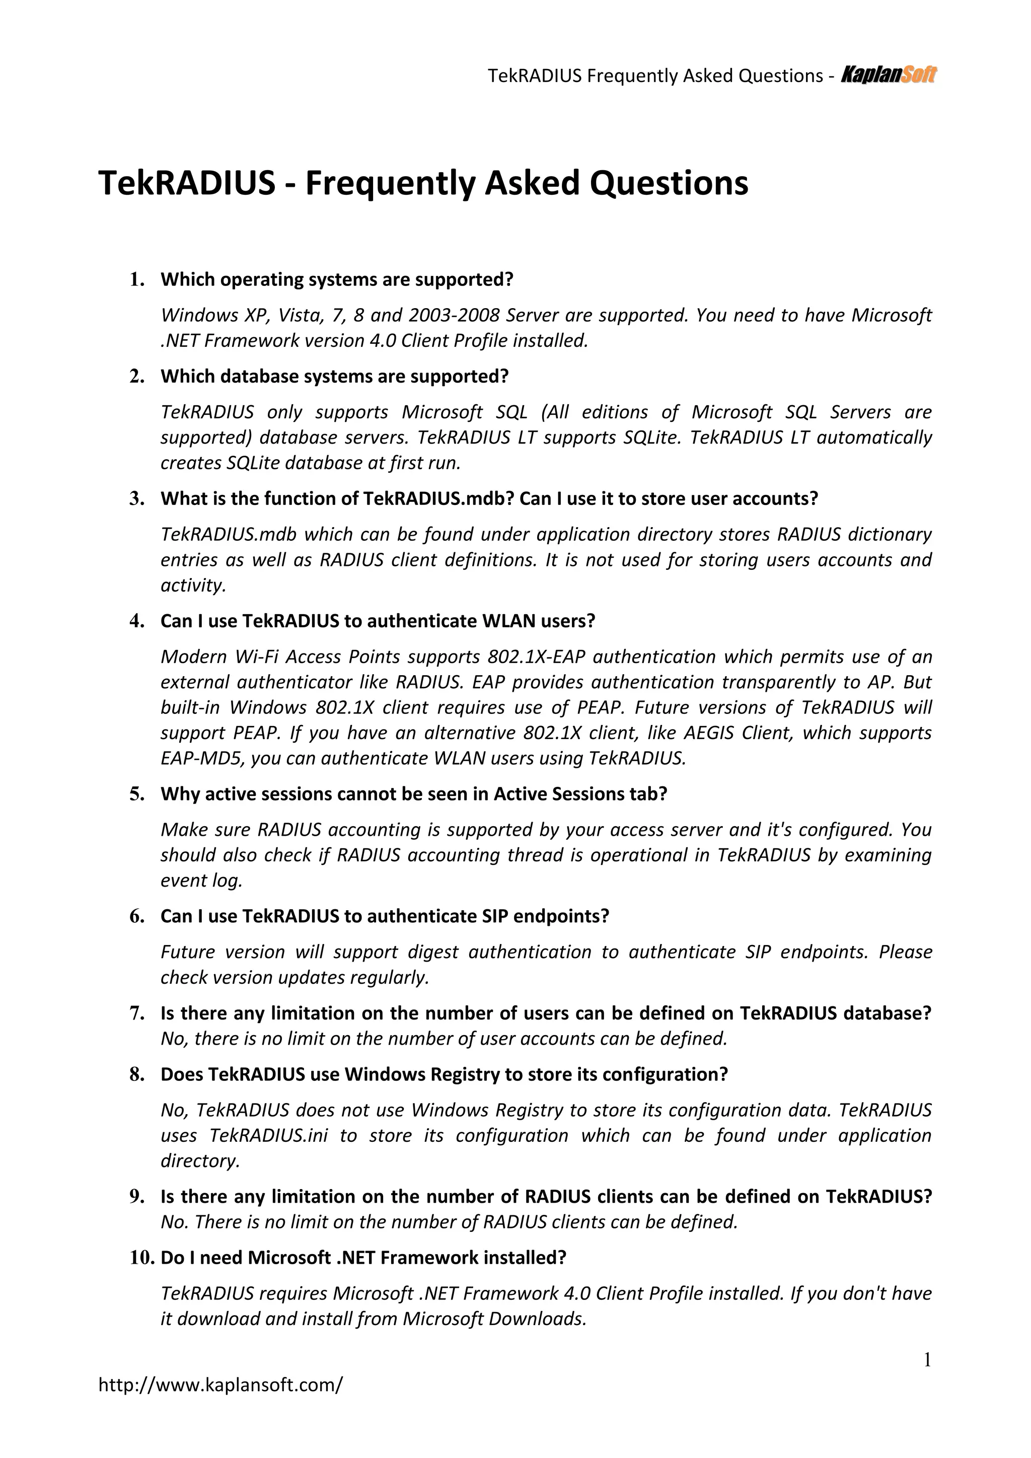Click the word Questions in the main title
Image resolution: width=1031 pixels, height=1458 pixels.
coord(669,184)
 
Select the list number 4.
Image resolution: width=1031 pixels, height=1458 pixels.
coord(137,621)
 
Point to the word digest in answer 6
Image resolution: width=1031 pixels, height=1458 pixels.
coord(430,952)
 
